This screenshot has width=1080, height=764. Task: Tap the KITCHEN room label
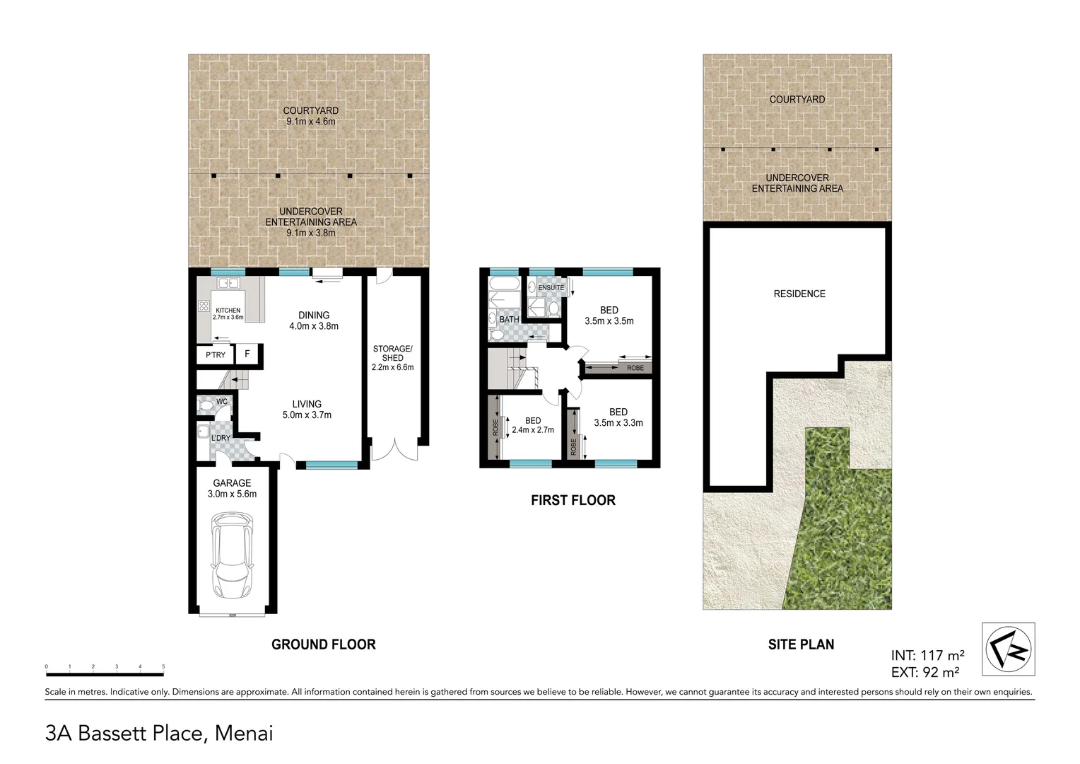pyautogui.click(x=228, y=311)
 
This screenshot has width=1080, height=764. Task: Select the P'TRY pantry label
pyautogui.click(x=216, y=354)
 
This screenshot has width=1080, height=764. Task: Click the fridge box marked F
pyautogui.click(x=247, y=354)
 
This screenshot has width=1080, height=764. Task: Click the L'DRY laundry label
pyautogui.click(x=221, y=438)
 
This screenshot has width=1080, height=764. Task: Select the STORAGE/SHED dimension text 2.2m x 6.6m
pyautogui.click(x=392, y=367)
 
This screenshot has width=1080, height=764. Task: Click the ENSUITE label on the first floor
pyautogui.click(x=551, y=288)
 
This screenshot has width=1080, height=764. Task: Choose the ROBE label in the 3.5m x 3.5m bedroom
pyautogui.click(x=635, y=368)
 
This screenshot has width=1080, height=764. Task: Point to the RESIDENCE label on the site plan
pyautogui.click(x=799, y=294)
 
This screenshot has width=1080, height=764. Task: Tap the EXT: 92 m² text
pyautogui.click(x=925, y=672)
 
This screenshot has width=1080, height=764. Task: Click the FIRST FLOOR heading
pyautogui.click(x=573, y=500)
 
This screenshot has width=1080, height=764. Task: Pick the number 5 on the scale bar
pyautogui.click(x=163, y=666)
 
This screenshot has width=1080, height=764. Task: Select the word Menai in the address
pyautogui.click(x=244, y=734)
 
